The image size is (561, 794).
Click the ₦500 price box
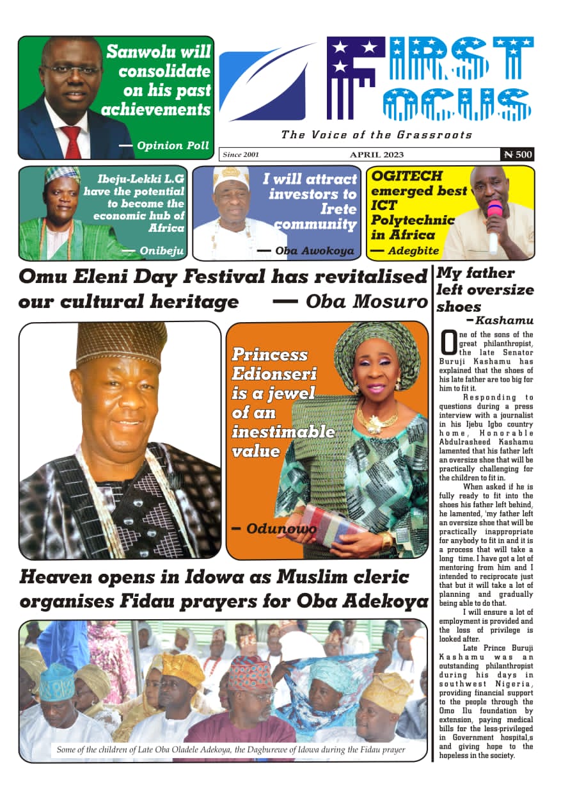[517, 154]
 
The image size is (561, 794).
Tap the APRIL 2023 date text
[376, 155]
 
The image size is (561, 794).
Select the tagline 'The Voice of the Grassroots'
[376, 135]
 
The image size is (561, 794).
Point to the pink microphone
[494, 218]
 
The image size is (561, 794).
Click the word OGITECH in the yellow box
[399, 175]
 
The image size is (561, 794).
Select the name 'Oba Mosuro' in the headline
[366, 301]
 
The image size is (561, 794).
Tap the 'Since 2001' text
[241, 155]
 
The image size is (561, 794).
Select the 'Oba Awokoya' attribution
[314, 251]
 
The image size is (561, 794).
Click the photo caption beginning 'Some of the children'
[230, 749]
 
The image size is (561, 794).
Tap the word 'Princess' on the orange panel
[269, 355]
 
